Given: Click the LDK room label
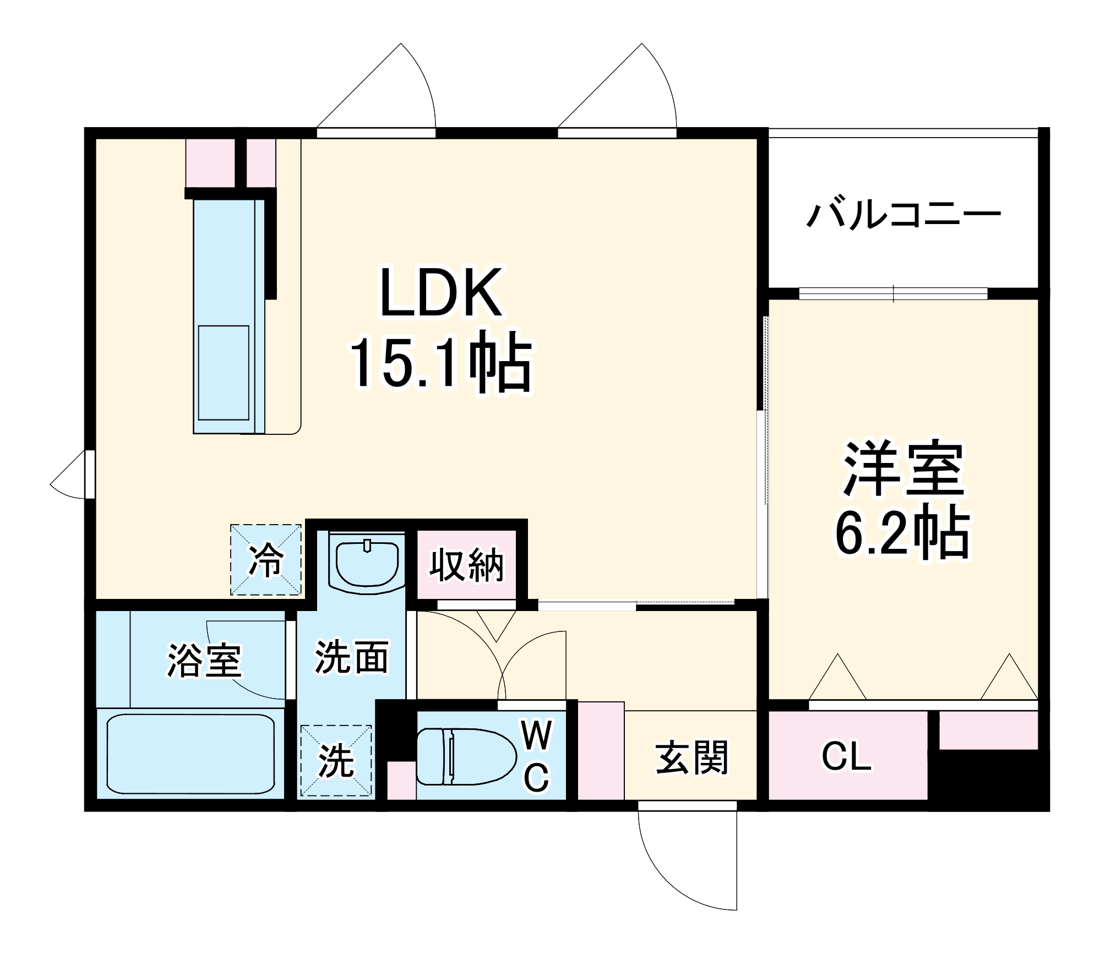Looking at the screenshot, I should (x=440, y=293).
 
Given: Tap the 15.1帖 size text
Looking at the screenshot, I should (x=440, y=362).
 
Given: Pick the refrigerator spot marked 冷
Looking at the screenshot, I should (x=266, y=560).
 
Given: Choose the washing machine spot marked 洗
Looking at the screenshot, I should (x=336, y=761).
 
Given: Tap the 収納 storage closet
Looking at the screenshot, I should (x=466, y=565).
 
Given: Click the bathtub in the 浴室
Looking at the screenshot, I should (x=190, y=754).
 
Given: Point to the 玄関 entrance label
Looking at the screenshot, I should (x=691, y=758).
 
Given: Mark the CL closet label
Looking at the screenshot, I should (x=846, y=756).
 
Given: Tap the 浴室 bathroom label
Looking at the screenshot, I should (x=204, y=659).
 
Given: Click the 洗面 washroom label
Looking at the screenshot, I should (x=351, y=657).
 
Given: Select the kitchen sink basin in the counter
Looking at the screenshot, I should (x=224, y=373).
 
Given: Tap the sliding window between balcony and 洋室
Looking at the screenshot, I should (x=893, y=294).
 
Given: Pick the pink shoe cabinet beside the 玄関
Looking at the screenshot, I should (x=601, y=750).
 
